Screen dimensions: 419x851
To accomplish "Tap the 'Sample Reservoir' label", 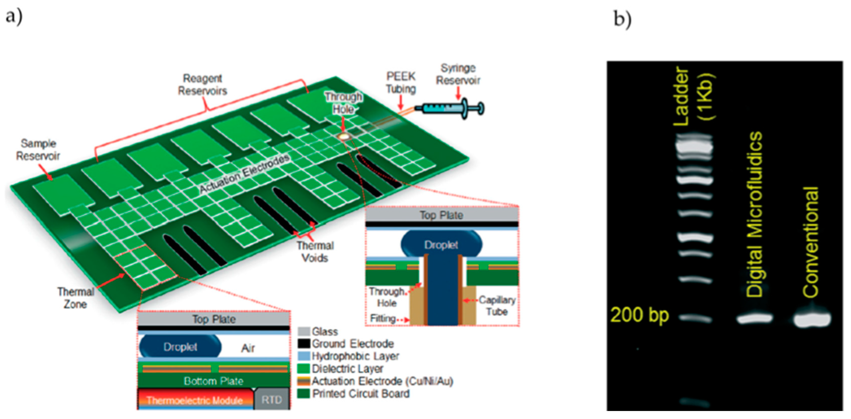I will pos(38,150).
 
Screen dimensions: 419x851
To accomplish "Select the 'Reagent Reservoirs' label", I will pos(203,84).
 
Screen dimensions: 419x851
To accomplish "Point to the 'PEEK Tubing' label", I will pos(401,82).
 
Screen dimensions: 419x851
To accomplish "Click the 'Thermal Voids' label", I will pos(315,252).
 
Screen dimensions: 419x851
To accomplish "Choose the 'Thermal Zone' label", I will pos(76,298).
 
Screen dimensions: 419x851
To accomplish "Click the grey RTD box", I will pos(272,400).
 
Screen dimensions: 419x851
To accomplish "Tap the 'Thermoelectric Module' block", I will pos(195,400).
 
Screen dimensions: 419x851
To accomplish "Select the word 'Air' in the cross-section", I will pos(248,348).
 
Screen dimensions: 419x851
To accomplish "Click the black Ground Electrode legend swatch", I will pos(304,344).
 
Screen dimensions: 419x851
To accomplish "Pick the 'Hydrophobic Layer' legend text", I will pos(355,356).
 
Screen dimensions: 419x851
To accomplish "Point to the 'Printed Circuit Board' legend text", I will pos(361,394).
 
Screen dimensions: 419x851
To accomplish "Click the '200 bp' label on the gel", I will pos(639,315).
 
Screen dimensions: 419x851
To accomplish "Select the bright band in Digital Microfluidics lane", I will pos(755,319).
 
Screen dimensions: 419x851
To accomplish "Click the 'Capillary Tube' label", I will pos(497,306).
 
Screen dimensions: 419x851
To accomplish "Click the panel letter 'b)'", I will pos(622,19).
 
